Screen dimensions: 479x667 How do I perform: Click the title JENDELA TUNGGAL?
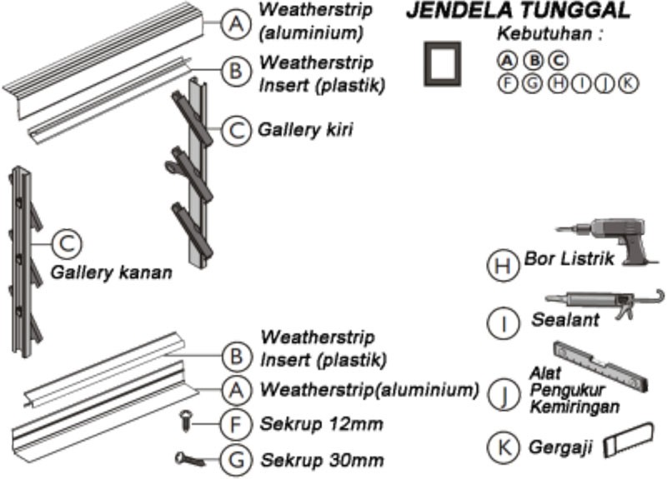(517, 12)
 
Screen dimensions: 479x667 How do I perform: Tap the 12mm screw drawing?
(188, 422)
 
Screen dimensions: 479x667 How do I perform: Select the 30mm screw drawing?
(191, 457)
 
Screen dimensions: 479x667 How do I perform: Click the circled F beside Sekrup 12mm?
(235, 423)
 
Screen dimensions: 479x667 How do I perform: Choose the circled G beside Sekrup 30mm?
(235, 459)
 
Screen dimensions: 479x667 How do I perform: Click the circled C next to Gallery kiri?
(237, 129)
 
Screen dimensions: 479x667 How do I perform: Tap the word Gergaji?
(560, 447)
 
